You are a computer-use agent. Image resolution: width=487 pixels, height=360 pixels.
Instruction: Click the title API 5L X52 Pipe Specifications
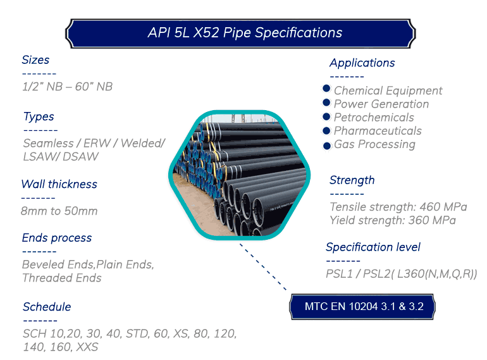(x=245, y=33)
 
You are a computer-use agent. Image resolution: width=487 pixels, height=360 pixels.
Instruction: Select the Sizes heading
(x=35, y=59)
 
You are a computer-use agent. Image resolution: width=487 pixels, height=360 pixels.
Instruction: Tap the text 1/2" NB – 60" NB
(x=68, y=87)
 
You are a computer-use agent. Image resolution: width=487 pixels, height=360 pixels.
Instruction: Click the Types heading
(x=39, y=117)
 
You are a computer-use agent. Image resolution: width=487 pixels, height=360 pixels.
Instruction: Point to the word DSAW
(x=80, y=156)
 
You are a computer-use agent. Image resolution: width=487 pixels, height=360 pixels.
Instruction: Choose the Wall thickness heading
(x=59, y=184)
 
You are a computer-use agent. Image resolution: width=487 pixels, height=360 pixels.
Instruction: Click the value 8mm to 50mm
(x=59, y=211)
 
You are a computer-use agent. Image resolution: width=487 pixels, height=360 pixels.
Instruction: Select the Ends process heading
(x=57, y=238)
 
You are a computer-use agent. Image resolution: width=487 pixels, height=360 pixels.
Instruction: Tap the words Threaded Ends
(x=62, y=278)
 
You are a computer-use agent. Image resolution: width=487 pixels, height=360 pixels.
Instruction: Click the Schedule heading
(x=47, y=307)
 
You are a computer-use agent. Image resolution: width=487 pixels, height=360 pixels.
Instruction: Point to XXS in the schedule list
(x=87, y=347)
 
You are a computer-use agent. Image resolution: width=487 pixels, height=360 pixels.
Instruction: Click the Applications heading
(x=362, y=63)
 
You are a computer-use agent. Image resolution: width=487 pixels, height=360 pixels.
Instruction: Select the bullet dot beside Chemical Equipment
(x=326, y=89)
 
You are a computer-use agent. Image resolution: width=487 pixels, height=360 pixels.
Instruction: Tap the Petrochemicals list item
(x=374, y=118)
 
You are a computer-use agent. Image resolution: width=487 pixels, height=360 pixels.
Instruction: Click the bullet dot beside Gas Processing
(x=327, y=146)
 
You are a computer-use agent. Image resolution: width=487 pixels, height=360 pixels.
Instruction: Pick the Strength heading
(x=352, y=180)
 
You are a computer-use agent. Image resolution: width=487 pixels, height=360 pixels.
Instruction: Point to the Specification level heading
(x=373, y=247)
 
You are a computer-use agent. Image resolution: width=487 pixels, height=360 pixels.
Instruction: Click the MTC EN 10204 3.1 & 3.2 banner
(x=362, y=307)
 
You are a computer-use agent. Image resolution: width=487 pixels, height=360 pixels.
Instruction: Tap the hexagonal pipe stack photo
(x=240, y=175)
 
